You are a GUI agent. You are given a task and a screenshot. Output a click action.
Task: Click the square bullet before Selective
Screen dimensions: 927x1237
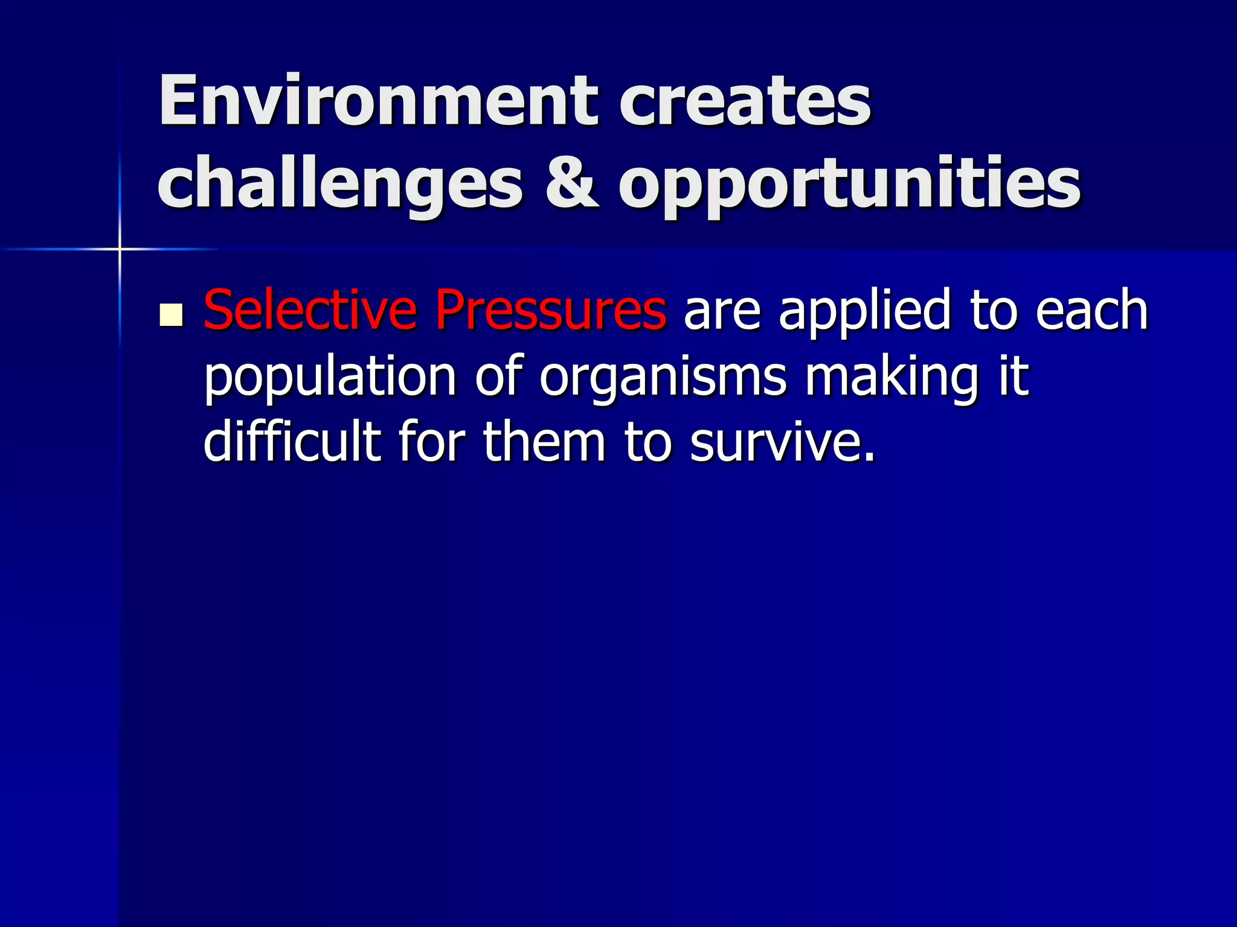[172, 315]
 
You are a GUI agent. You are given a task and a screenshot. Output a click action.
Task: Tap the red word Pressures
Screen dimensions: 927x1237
[550, 310]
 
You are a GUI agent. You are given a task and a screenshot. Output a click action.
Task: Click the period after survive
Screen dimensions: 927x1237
[869, 459]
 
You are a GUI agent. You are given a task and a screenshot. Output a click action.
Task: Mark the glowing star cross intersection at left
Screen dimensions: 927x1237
[120, 249]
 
